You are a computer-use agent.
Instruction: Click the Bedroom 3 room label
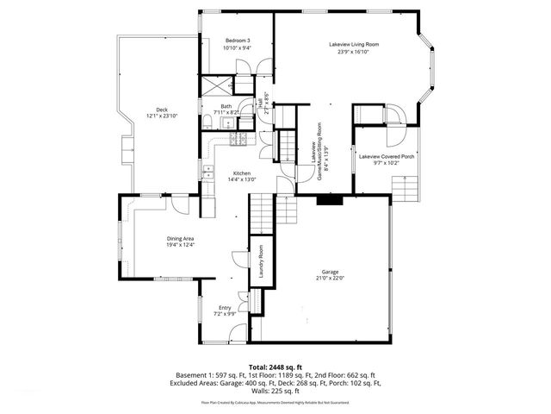pos(238,41)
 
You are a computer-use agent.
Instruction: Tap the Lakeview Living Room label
pos(354,44)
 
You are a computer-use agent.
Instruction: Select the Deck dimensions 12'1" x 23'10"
pos(162,116)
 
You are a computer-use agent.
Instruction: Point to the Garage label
pos(331,271)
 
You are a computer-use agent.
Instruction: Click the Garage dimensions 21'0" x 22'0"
pos(331,278)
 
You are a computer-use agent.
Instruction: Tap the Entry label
pos(225,307)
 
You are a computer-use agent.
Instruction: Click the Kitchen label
pos(239,172)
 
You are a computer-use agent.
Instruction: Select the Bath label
pos(226,106)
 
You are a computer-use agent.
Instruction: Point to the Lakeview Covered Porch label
pos(387,156)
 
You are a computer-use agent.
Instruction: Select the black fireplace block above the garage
pos(328,200)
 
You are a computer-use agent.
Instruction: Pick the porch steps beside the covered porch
pos(403,186)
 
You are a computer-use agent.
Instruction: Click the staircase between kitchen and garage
pos(261,212)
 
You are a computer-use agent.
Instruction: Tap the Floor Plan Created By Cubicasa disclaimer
pos(275,402)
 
